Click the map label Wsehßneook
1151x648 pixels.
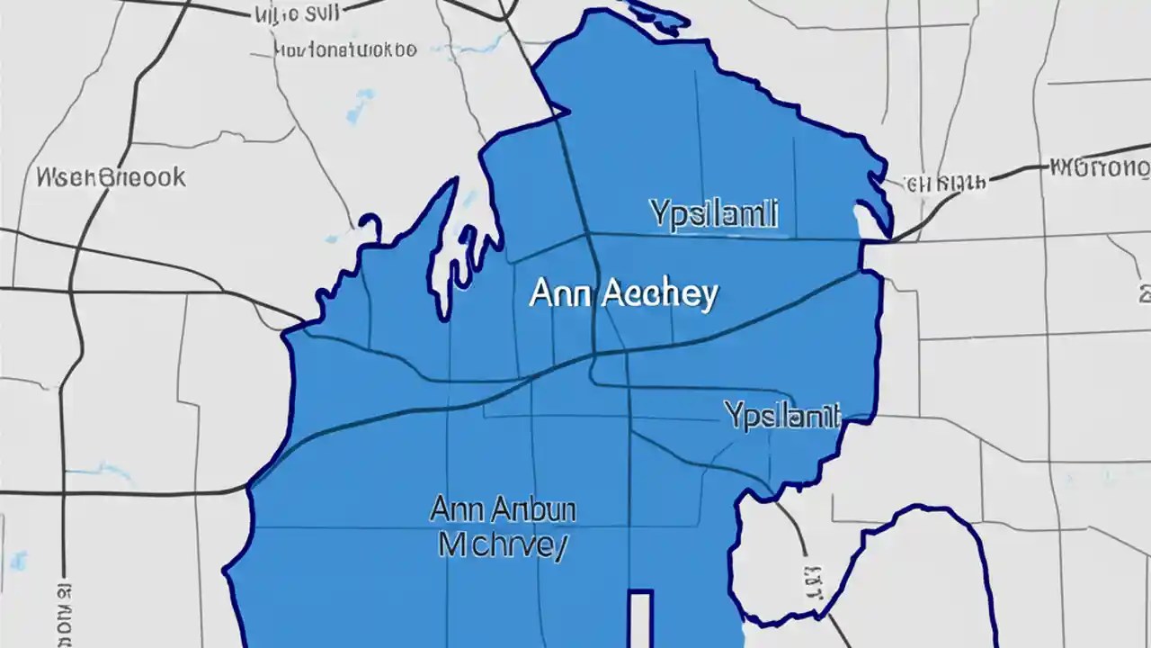tap(111, 176)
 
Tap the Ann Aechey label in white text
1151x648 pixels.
tap(623, 293)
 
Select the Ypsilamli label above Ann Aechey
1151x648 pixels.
tap(713, 214)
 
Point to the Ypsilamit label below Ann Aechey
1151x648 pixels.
tap(782, 415)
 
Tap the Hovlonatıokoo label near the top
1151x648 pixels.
tap(345, 49)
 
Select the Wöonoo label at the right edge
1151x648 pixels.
tap(1099, 167)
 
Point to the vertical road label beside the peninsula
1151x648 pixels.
tap(814, 582)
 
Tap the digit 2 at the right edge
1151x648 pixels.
tap(1144, 293)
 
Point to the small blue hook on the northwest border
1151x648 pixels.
tap(369, 224)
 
